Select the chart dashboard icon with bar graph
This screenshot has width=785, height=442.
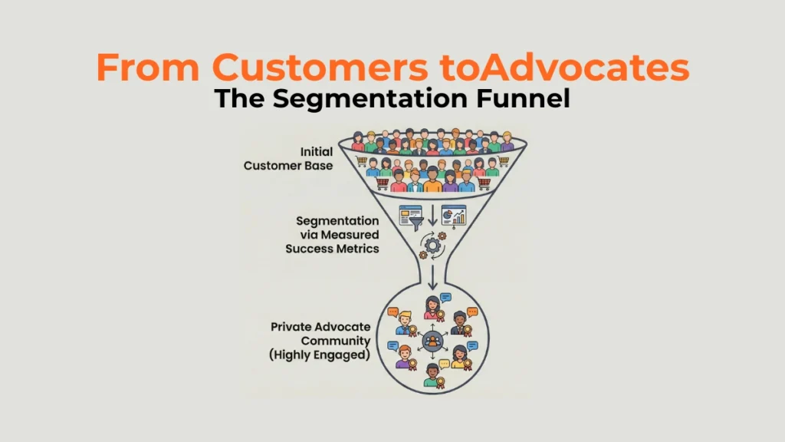pyautogui.click(x=458, y=217)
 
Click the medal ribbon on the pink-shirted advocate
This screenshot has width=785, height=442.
pyautogui.click(x=441, y=315)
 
